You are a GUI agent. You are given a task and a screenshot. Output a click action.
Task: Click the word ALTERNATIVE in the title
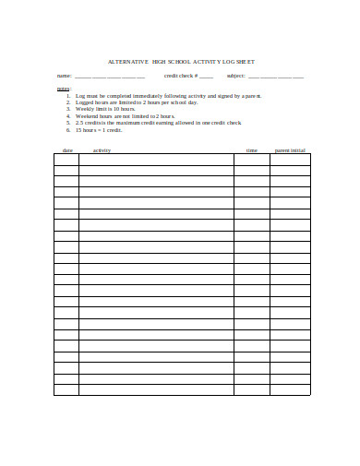[126, 61]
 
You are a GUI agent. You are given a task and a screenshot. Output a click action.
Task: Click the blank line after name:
[109, 76]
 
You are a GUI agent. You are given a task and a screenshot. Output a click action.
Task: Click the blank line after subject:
[276, 76]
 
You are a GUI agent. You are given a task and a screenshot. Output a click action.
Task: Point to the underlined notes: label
[63, 89]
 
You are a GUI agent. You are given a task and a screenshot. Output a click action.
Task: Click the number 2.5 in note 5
[80, 123]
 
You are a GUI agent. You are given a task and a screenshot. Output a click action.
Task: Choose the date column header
[66, 149]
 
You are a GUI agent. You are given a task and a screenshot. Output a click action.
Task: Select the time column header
[251, 149]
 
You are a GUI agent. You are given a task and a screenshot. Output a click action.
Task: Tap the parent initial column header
[290, 149]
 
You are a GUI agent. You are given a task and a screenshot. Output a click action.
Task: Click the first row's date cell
[66, 159]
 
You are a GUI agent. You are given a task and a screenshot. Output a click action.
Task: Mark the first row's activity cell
[156, 159]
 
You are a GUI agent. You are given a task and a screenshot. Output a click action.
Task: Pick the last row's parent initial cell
[290, 389]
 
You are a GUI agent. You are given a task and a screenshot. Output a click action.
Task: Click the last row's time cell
[251, 389]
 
